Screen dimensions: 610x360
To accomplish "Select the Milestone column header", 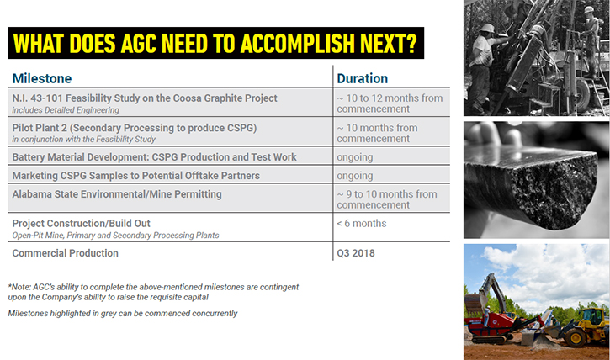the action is pos(42,78).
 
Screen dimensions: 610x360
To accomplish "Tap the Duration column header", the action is pos(362,78).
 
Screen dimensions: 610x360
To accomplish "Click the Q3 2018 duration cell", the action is pos(356,253).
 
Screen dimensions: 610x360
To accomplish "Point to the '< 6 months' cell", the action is pos(362,224).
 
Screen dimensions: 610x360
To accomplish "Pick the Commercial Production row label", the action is pos(65,253).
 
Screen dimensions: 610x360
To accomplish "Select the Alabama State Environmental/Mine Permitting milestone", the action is pos(117,194).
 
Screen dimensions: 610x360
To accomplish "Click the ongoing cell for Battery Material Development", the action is pos(355,157).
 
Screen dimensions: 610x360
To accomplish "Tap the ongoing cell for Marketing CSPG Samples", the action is pos(355,176).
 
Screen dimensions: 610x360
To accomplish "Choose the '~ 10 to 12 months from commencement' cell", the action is pos(390,103).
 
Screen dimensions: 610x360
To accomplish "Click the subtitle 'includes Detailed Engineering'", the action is pos(66,110).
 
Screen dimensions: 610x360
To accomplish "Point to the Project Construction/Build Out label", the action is pos(81,224).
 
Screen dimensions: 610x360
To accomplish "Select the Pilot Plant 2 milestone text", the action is pos(135,128).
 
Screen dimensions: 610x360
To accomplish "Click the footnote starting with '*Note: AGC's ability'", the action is pos(153,292).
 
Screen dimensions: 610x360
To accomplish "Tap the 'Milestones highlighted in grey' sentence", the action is pos(123,314).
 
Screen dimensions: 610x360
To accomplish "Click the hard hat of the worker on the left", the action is pos(487,28).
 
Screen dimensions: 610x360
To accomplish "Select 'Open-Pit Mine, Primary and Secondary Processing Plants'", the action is pos(115,236).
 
